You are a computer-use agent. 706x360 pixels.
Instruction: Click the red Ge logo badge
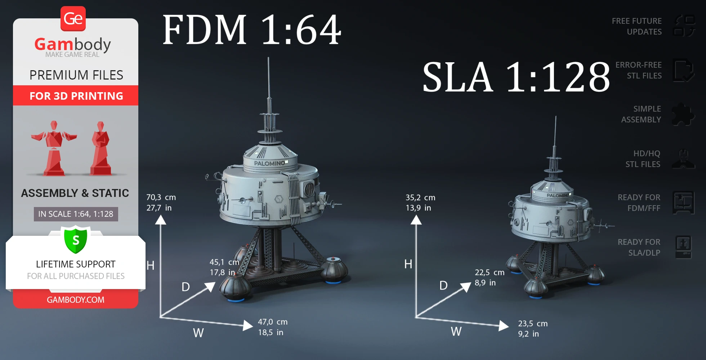(x=73, y=19)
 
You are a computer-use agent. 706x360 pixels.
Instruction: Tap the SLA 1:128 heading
(x=516, y=77)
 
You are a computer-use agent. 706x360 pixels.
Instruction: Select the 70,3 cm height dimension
(x=161, y=198)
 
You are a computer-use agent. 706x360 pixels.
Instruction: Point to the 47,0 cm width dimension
(x=272, y=322)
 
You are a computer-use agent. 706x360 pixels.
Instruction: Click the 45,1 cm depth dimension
(x=224, y=262)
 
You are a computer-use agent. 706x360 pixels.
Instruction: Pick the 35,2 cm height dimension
(x=420, y=198)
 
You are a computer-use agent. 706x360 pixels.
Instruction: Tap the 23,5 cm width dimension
(x=532, y=324)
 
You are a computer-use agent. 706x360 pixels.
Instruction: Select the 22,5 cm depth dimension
(x=489, y=273)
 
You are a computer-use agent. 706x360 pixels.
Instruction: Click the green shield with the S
(x=76, y=240)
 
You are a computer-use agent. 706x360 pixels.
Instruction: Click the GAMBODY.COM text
(x=76, y=300)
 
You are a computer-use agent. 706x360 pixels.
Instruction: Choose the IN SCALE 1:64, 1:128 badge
(x=76, y=214)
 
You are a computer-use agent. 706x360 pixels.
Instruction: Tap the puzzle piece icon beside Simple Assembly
(x=683, y=114)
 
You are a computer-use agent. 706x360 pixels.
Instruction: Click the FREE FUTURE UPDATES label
(x=636, y=26)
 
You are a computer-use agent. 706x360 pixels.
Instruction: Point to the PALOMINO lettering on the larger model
(x=269, y=163)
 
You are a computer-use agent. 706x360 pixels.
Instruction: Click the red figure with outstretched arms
(x=54, y=148)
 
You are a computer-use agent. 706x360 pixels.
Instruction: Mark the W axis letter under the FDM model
(x=198, y=333)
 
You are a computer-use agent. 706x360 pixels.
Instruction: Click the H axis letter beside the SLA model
(x=408, y=264)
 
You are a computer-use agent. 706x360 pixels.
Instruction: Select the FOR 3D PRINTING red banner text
(x=76, y=96)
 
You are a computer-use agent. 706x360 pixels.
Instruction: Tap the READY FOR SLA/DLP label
(x=639, y=247)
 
